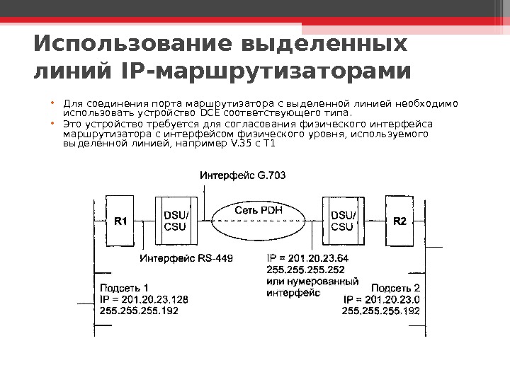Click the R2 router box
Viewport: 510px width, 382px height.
(400, 221)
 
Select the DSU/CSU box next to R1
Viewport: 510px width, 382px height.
(176, 221)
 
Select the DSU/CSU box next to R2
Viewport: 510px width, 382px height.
(342, 221)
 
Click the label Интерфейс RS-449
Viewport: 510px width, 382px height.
(186, 258)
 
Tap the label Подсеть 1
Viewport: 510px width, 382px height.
(125, 288)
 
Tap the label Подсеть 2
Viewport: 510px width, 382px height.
(396, 288)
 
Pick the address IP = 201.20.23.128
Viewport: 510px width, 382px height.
(144, 299)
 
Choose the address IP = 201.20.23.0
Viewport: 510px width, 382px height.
(382, 299)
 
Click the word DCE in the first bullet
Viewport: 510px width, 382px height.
(210, 112)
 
